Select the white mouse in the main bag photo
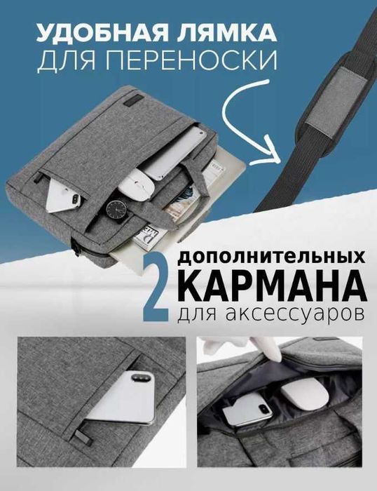click(x=137, y=184)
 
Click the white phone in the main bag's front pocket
click(x=63, y=196)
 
